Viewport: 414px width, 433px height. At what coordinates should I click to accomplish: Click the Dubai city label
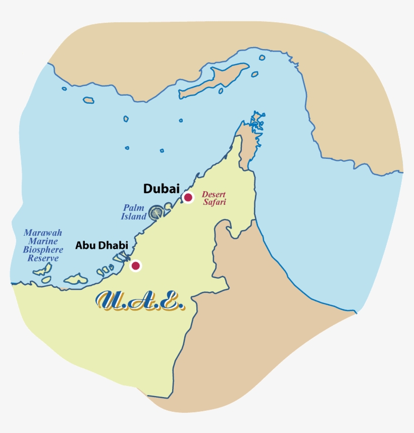(161, 189)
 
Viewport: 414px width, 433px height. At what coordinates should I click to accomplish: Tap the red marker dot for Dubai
(188, 197)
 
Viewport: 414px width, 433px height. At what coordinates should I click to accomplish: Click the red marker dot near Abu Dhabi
(135, 266)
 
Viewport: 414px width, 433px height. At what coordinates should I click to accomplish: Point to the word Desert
(213, 194)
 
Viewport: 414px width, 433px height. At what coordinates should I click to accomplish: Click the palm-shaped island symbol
(157, 212)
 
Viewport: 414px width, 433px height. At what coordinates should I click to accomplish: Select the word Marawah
(43, 233)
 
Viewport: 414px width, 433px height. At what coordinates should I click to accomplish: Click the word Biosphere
(43, 250)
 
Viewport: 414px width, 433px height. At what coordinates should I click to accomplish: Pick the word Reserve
(43, 258)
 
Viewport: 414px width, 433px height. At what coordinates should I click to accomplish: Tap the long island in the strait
(214, 81)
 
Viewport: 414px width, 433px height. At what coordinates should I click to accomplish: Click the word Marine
(42, 242)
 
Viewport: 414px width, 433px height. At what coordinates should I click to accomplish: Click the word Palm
(134, 208)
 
